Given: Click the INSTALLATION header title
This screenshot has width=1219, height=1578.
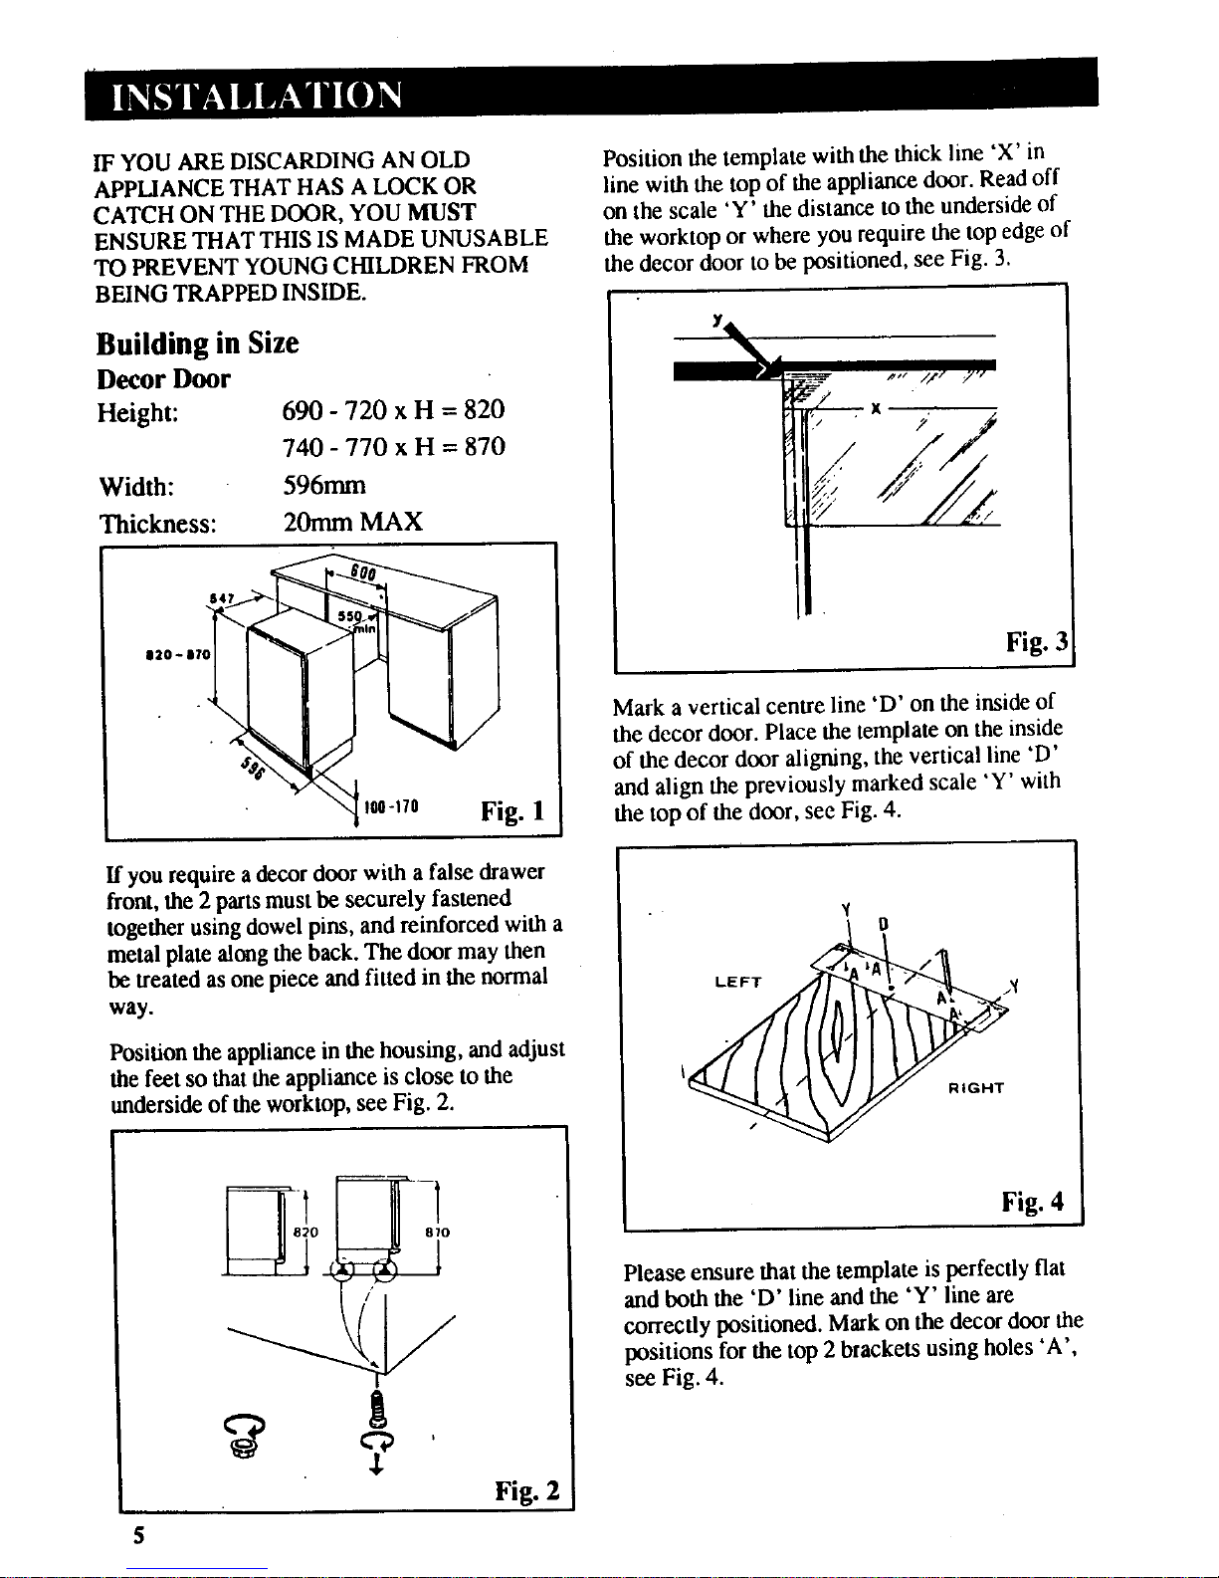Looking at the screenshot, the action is point(257,96).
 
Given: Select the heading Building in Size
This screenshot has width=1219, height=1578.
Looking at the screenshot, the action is point(197,343).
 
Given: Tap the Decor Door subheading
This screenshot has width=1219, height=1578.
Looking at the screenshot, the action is point(163,379).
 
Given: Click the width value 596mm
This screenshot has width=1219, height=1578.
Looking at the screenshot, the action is point(324,485).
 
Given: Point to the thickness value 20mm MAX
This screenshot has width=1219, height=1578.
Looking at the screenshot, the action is point(352,522).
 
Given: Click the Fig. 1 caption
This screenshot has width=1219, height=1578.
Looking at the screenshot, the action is point(512,810).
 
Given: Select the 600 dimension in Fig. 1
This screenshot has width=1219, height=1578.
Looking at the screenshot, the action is point(363,573).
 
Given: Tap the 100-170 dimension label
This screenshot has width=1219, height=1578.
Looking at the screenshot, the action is point(391,806).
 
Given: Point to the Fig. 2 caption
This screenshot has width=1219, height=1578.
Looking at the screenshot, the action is point(527,1490).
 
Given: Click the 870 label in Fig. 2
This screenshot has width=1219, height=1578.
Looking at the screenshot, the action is point(438,1233).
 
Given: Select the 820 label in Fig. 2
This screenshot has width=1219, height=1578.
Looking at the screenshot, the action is point(305,1233).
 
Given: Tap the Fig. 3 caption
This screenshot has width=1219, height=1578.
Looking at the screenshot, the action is point(1037,642).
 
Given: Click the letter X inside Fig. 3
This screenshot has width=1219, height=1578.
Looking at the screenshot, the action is point(876,409).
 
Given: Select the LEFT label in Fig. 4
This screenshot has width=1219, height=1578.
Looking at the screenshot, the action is point(738,983).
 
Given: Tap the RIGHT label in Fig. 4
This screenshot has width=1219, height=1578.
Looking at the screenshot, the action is point(976,1088).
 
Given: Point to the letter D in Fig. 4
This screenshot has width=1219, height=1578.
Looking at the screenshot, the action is point(883,925).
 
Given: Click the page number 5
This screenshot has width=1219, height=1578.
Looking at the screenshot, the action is point(138,1535).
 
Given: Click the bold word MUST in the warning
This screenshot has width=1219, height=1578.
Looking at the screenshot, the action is point(441,213).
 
